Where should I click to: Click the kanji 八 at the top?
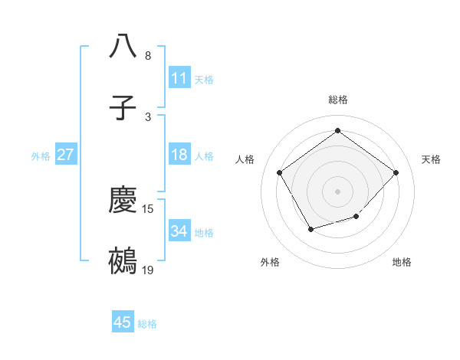[123, 46]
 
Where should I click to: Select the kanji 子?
[123, 109]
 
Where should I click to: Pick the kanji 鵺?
[123, 261]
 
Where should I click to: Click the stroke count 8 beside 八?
[148, 56]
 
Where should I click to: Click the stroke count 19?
[149, 270]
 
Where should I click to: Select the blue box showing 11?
[179, 78]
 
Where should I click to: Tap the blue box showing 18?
[179, 155]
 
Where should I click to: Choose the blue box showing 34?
[179, 231]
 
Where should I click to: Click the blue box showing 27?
[66, 155]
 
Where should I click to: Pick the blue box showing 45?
[123, 322]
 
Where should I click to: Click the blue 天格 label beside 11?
[204, 79]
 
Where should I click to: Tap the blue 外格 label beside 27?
[41, 155]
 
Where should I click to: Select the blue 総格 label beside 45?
[147, 324]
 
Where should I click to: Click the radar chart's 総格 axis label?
[338, 100]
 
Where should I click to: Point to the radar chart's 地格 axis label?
[402, 262]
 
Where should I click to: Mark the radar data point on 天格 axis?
[396, 172]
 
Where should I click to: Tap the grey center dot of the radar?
[338, 191]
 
